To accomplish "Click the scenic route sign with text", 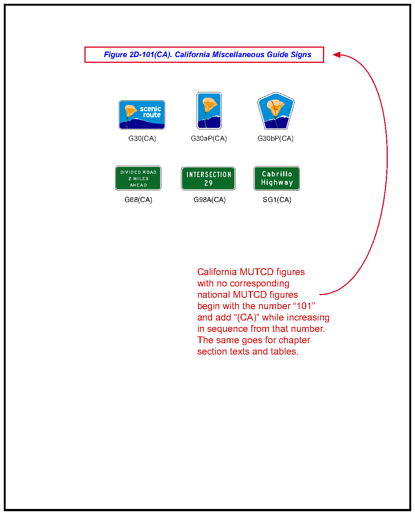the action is click(x=142, y=115).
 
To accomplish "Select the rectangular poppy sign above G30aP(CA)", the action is click(x=209, y=110).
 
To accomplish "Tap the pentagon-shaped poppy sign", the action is click(x=276, y=110).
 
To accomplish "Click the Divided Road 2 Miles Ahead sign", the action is click(x=138, y=178).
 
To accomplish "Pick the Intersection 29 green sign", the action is click(x=208, y=179).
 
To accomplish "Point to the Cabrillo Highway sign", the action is click(x=276, y=178).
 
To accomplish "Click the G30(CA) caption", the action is click(x=142, y=138).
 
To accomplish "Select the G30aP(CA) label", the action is click(x=209, y=138).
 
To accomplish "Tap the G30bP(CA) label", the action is click(x=275, y=138).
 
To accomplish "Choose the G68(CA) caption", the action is click(x=138, y=199).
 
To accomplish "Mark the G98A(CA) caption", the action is click(x=209, y=199).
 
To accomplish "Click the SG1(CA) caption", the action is click(x=277, y=199).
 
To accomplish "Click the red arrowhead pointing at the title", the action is click(x=337, y=55).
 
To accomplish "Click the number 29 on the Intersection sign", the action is click(x=208, y=183).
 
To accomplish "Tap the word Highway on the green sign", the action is click(x=277, y=182).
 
